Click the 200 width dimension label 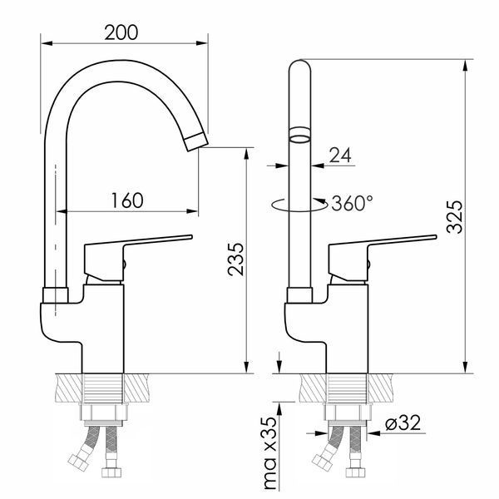point(121,32)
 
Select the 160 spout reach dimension point(127,200)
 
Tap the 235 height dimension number point(236,259)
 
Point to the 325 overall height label point(454,217)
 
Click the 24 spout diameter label point(340,155)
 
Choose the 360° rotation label point(352,203)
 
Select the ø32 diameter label point(403,422)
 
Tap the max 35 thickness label point(270,453)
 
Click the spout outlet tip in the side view point(196,142)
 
